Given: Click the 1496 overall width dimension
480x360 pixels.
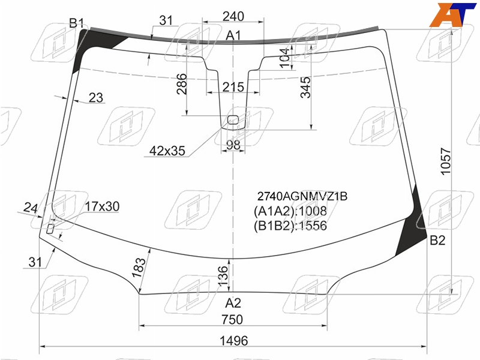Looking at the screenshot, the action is pyautogui.click(x=234, y=340).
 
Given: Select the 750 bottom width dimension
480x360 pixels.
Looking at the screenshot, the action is pyautogui.click(x=232, y=320).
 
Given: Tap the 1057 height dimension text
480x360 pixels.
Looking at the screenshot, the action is pyautogui.click(x=446, y=161).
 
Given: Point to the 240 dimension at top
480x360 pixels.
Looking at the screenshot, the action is pyautogui.click(x=233, y=16).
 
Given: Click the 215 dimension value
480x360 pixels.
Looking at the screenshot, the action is pyautogui.click(x=233, y=87).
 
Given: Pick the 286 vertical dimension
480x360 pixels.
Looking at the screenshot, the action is pyautogui.click(x=182, y=84).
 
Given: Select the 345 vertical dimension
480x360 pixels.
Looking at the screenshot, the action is pyautogui.click(x=305, y=87).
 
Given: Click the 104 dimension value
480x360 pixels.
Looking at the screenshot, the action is pyautogui.click(x=284, y=58).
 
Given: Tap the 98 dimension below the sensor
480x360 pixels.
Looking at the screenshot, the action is pyautogui.click(x=233, y=145).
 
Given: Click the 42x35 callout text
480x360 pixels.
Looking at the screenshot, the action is pyautogui.click(x=167, y=151).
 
